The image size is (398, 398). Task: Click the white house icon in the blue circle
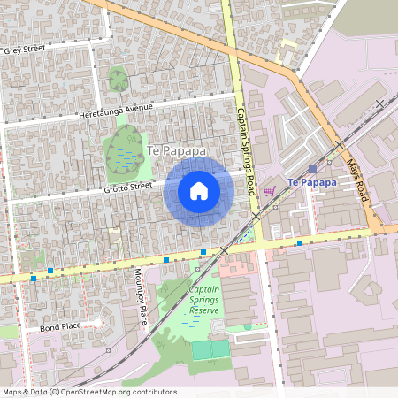(x=198, y=190)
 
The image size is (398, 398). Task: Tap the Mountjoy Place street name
(x=140, y=296)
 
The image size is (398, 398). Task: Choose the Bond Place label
(x=59, y=328)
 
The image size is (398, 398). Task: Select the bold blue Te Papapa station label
(x=312, y=182)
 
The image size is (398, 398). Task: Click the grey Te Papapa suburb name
(x=177, y=151)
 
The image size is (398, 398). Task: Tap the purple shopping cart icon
(x=269, y=190)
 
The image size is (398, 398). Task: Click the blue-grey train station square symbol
(x=312, y=168)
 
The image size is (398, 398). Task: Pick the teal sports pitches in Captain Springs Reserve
(x=210, y=349)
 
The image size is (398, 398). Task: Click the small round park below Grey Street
(x=118, y=80)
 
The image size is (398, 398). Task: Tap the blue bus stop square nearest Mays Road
(x=300, y=242)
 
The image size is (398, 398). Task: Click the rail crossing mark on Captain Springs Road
(x=256, y=216)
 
